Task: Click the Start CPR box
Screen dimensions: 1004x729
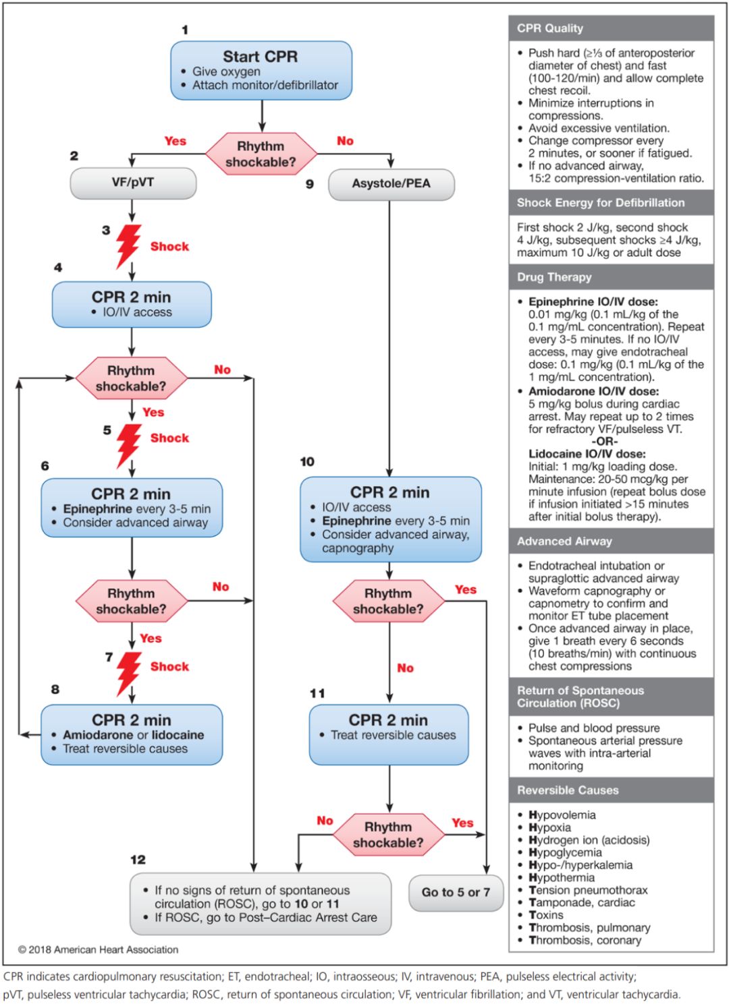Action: click(261, 70)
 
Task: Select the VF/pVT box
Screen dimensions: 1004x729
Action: click(133, 183)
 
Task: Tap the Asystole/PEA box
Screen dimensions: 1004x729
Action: click(391, 183)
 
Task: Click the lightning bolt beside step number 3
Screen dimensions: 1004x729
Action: click(128, 246)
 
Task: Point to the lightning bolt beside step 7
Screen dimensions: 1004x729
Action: click(128, 672)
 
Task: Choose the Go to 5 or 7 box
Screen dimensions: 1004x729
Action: click(456, 892)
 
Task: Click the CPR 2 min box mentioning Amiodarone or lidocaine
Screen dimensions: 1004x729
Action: click(132, 734)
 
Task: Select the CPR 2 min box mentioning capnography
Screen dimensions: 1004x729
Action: click(390, 519)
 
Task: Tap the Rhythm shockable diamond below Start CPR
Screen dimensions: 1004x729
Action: click(261, 154)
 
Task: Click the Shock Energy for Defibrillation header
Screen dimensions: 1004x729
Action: click(601, 202)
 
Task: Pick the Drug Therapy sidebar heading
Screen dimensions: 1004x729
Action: click(554, 277)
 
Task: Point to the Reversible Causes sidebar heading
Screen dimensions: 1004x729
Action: click(568, 790)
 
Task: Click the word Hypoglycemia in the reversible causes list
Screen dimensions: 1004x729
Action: click(565, 852)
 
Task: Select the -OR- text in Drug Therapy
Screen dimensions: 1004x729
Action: click(605, 441)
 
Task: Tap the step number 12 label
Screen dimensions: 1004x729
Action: click(138, 859)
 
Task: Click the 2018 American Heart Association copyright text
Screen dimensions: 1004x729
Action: click(99, 949)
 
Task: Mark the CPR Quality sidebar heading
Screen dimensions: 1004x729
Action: click(550, 28)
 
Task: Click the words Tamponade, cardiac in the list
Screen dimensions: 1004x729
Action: click(581, 902)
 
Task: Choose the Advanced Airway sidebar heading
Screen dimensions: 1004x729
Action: click(564, 541)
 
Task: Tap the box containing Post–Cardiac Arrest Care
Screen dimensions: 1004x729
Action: click(261, 904)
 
